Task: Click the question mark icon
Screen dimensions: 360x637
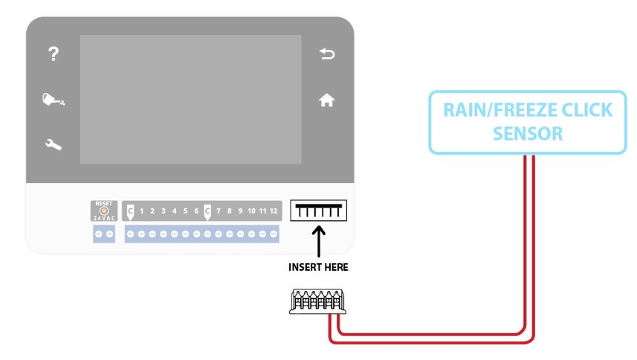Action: click(53, 54)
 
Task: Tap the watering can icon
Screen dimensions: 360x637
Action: click(53, 100)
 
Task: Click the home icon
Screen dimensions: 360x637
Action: click(326, 100)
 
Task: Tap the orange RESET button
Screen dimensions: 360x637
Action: click(103, 210)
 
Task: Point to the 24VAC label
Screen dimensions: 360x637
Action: click(103, 219)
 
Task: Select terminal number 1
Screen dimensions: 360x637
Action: click(141, 211)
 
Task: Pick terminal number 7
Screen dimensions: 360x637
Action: click(219, 211)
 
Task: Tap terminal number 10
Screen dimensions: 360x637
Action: click(251, 211)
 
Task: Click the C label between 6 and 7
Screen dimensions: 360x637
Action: click(207, 211)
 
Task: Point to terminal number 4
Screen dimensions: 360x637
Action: click(174, 211)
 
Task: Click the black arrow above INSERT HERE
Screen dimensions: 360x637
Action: click(319, 241)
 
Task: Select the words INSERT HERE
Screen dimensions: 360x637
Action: click(319, 266)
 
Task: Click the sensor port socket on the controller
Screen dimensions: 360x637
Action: click(319, 212)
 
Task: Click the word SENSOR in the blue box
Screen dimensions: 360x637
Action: click(528, 134)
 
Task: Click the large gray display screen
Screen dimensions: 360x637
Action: click(190, 99)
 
